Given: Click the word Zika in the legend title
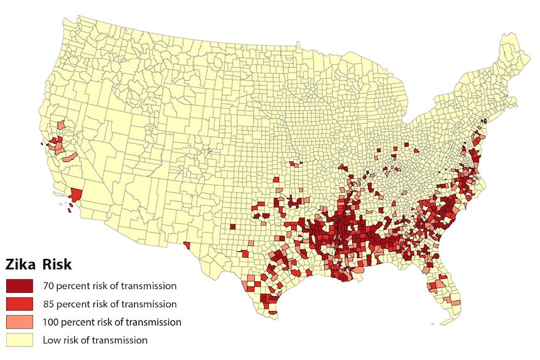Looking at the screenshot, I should pos(21,263).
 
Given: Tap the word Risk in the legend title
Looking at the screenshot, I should pos(57,263).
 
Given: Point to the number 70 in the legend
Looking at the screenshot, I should pos(48,286).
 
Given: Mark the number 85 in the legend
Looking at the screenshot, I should pos(48,304).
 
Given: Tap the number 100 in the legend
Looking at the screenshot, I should pos(51,322).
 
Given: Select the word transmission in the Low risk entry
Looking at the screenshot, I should pos(120,341).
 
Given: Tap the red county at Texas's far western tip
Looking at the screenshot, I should pos(186,244).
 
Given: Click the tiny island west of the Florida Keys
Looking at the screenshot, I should pos(433,325).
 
